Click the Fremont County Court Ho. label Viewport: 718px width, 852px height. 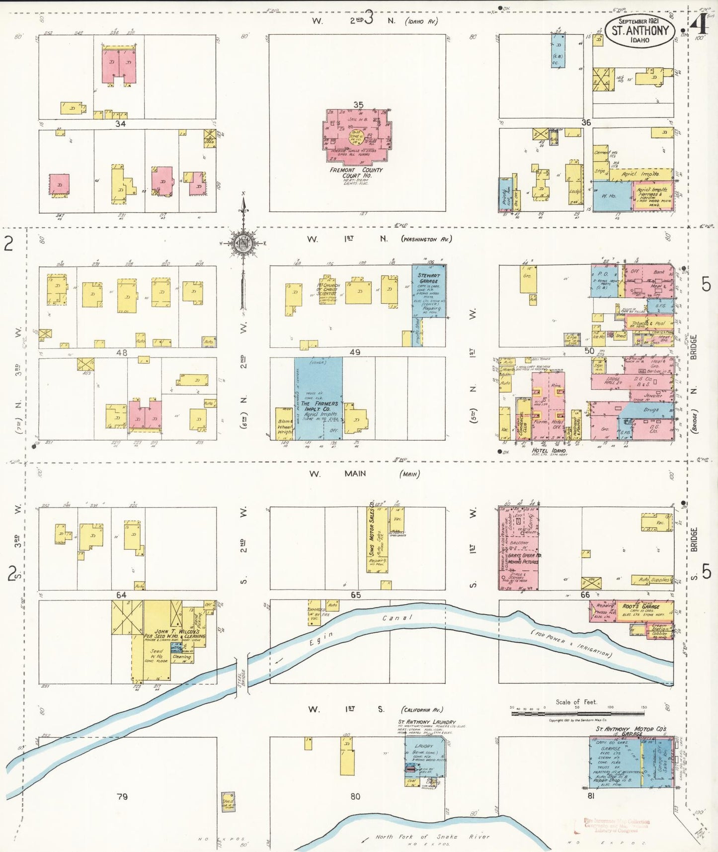click(356, 172)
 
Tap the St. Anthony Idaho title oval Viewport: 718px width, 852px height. click(640, 30)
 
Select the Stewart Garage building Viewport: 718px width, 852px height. click(429, 291)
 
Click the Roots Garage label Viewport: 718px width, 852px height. click(641, 606)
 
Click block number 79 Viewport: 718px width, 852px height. click(122, 796)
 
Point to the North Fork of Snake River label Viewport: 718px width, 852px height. click(432, 837)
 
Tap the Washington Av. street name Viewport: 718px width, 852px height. click(426, 239)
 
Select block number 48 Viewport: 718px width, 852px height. click(122, 352)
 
